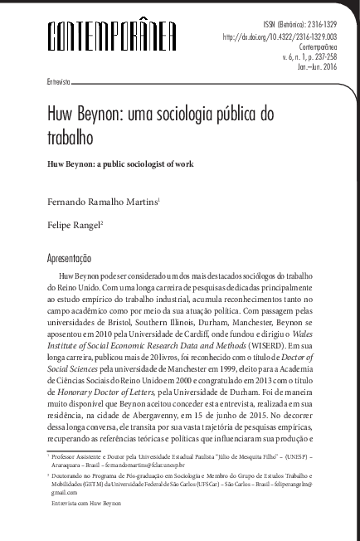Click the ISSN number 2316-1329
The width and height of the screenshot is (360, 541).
(x=310, y=26)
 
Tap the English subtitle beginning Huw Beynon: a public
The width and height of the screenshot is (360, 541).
(x=120, y=164)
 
